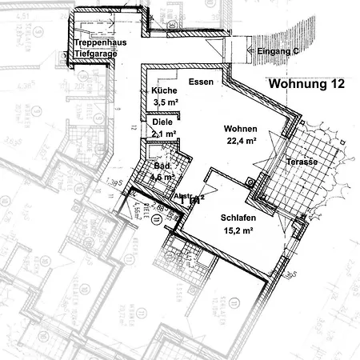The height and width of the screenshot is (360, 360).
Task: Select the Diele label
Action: point(162,122)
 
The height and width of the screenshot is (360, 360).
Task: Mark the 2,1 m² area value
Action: point(163,134)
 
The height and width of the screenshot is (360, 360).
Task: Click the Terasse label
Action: point(301,162)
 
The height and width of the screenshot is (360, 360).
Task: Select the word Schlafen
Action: point(237,217)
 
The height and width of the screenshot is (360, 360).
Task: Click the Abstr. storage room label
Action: point(183,196)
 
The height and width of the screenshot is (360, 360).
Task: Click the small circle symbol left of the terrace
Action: point(254,182)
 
